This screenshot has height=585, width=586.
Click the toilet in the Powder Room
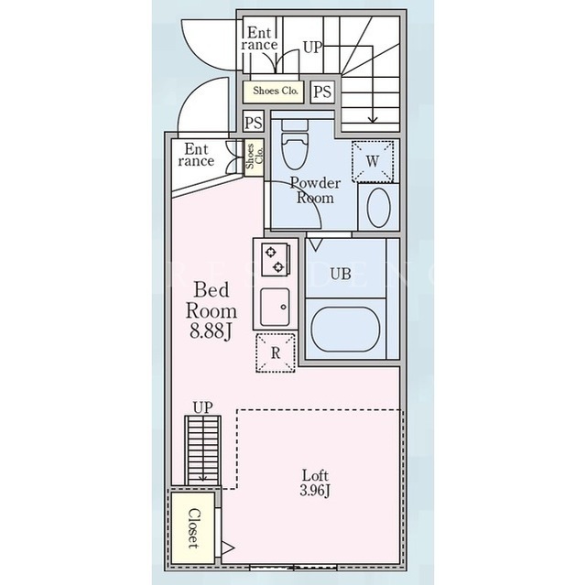(x=295, y=145)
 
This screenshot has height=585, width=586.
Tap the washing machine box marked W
(x=373, y=161)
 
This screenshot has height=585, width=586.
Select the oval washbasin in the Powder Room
(x=379, y=208)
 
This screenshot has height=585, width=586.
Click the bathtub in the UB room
(x=345, y=329)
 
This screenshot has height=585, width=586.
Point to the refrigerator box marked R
(x=276, y=352)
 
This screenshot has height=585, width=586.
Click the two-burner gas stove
(x=276, y=259)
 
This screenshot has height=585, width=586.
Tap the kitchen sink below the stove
(x=275, y=307)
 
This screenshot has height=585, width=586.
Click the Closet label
(x=193, y=528)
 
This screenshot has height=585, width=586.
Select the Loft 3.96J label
(x=315, y=483)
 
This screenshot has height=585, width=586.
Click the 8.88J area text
(x=212, y=330)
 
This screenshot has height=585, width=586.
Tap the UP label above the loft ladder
(x=203, y=407)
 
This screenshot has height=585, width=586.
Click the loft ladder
(x=203, y=450)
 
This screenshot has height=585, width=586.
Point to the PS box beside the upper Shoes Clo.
(x=322, y=92)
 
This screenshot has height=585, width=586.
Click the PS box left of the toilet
(x=254, y=122)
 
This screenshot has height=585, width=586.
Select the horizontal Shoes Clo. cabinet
(x=273, y=92)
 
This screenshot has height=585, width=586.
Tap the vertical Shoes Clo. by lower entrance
(x=255, y=157)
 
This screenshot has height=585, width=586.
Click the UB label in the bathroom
(x=341, y=275)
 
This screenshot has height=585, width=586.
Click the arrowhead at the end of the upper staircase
(x=373, y=120)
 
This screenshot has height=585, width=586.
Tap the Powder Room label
(x=315, y=190)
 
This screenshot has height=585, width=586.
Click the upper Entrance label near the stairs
(x=259, y=38)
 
